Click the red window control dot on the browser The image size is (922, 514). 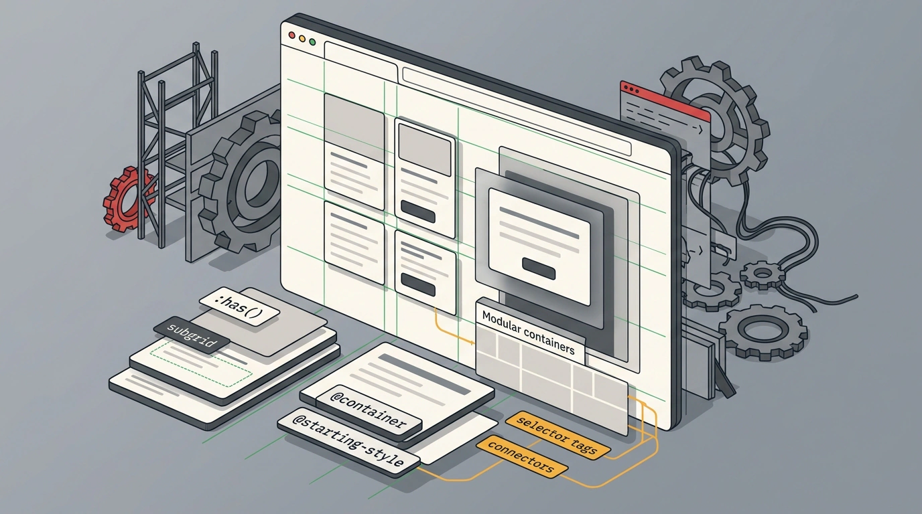pyautogui.click(x=292, y=35)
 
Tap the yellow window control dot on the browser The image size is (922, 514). pyautogui.click(x=302, y=39)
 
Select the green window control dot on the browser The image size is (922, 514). pyautogui.click(x=312, y=41)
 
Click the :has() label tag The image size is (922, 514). pyautogui.click(x=239, y=307)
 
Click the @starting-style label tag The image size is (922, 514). pyautogui.click(x=348, y=442)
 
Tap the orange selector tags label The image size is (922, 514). pyautogui.click(x=557, y=435)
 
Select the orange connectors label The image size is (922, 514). pyautogui.click(x=522, y=456)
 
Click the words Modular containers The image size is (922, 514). pyautogui.click(x=528, y=333)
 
